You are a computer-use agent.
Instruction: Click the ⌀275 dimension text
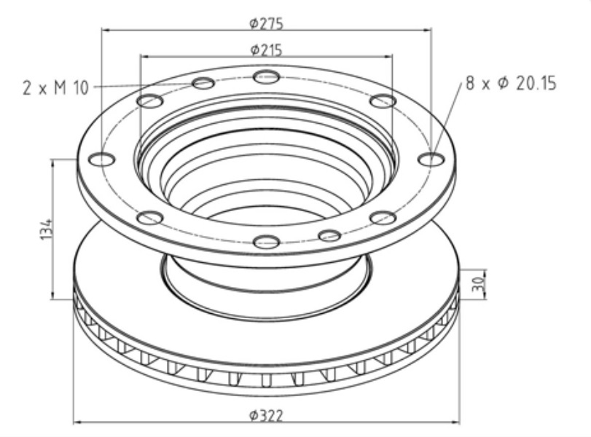coord(266,23)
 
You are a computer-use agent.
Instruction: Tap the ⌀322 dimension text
coord(266,416)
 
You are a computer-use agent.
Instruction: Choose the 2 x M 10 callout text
coord(55,88)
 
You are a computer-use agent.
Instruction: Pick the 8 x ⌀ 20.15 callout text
coord(511,84)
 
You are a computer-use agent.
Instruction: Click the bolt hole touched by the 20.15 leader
coord(431,159)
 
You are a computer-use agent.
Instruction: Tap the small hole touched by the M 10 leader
coord(204,83)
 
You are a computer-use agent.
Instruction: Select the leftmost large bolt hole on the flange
coord(101,160)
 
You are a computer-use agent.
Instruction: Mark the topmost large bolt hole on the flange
coord(267,76)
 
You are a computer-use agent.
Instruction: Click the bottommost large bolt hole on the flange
coord(267,241)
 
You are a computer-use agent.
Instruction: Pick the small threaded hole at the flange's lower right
coord(330,235)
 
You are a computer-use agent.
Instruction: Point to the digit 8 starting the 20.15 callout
coord(469,84)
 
